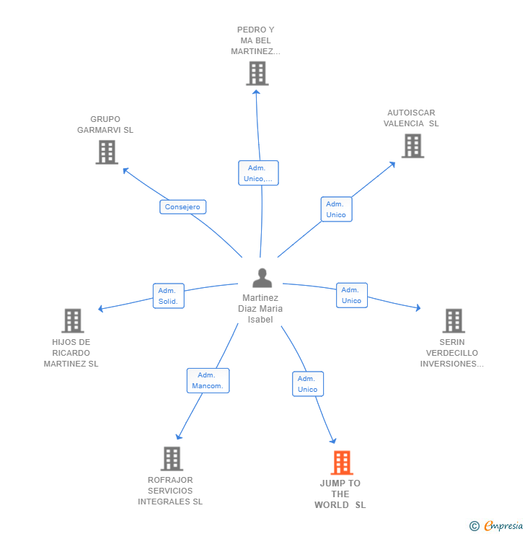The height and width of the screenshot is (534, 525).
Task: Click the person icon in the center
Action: [x=262, y=278]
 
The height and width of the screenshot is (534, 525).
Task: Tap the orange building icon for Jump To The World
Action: [x=341, y=463]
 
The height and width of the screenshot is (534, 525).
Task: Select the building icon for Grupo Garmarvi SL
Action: [x=107, y=152]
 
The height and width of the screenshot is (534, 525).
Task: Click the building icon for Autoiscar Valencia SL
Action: [x=412, y=146]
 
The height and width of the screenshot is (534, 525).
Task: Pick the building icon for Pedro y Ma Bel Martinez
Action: [x=257, y=73]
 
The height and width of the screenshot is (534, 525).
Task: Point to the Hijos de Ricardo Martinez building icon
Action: [x=72, y=320]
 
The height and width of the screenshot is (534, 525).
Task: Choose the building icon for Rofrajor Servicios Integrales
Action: [x=171, y=458]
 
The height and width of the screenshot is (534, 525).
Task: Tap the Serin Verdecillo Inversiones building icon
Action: [x=453, y=320]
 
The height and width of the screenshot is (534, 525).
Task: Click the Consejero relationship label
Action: [x=182, y=207]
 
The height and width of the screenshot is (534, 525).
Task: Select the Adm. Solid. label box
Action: [x=168, y=296]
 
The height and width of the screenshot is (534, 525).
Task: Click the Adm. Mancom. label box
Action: [x=208, y=380]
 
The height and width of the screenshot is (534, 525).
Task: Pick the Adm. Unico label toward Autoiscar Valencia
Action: [x=336, y=209]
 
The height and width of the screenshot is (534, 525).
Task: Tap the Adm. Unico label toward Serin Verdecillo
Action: [x=351, y=295]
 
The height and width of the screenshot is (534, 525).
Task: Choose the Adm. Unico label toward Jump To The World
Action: [x=307, y=384]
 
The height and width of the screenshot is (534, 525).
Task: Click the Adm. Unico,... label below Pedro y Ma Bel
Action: [x=258, y=173]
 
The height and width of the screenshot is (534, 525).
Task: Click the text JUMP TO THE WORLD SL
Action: [x=340, y=494]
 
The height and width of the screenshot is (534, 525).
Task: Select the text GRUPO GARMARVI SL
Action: [x=106, y=125]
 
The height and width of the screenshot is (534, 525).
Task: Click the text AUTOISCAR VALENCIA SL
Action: [x=411, y=118]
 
